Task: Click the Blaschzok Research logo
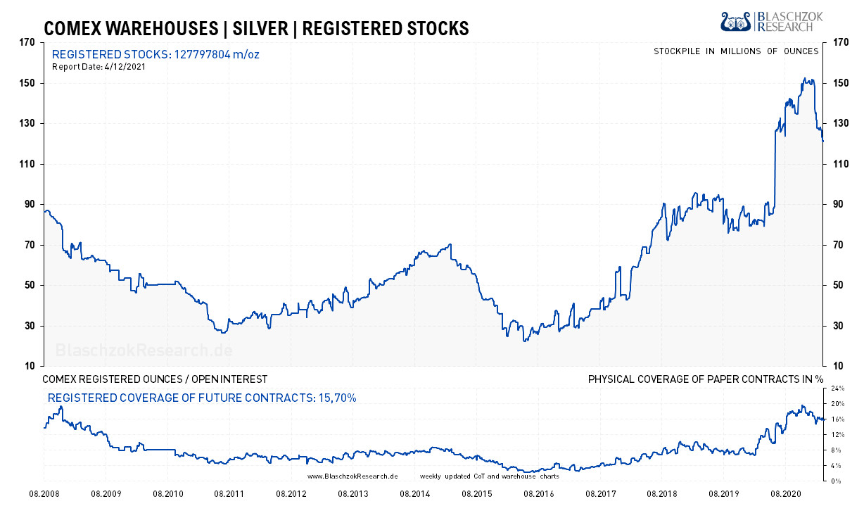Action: point(767,21)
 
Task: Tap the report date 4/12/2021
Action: point(125,67)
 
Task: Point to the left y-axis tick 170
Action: point(27,42)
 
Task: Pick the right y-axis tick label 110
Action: point(840,164)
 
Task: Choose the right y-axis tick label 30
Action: point(837,326)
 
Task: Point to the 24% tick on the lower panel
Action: point(838,388)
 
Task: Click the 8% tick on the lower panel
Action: point(837,450)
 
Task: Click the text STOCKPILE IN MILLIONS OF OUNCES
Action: point(736,51)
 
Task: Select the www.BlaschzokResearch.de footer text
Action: point(352,476)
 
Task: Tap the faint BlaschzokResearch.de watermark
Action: point(144,350)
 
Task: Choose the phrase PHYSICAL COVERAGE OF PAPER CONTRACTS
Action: point(697,379)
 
